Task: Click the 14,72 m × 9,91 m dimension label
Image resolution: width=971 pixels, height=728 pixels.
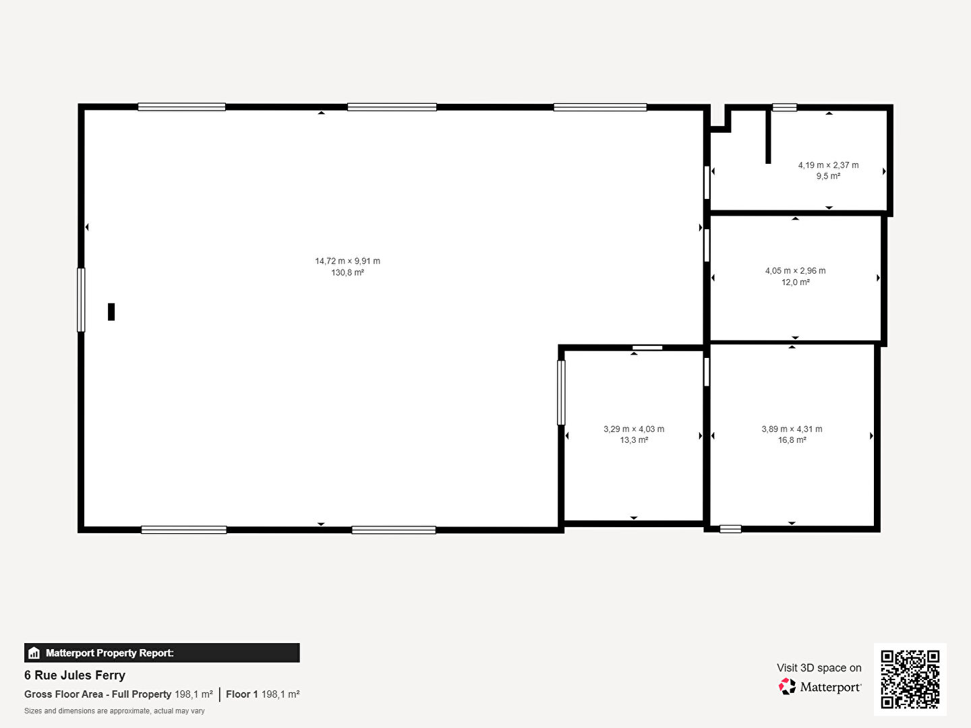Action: [347, 261]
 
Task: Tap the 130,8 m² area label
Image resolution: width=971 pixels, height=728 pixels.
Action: [347, 272]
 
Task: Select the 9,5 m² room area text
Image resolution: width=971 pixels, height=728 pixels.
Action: [828, 176]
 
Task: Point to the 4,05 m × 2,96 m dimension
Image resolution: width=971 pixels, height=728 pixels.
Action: [796, 270]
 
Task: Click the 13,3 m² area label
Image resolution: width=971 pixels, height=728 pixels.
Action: [634, 439]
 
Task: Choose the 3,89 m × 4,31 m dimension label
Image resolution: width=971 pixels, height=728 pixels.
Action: [792, 429]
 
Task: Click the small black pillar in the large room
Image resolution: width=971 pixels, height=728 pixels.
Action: [111, 311]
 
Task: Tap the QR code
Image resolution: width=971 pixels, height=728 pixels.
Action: [910, 679]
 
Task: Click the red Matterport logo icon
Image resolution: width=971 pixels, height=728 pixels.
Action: [787, 686]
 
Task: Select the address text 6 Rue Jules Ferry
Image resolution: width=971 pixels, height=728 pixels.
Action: [75, 675]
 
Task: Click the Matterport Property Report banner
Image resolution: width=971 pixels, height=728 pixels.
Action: [162, 653]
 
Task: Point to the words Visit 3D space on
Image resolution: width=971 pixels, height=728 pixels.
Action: [819, 667]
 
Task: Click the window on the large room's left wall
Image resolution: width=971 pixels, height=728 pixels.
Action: [81, 300]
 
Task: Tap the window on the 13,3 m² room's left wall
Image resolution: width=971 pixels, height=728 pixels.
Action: [561, 392]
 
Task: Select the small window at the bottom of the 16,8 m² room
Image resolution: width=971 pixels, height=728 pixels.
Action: [730, 528]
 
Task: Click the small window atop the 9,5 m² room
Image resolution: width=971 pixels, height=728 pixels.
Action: [785, 107]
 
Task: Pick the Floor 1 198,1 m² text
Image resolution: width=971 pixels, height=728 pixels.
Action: [263, 694]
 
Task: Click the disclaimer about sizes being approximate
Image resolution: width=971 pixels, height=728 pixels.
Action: [115, 710]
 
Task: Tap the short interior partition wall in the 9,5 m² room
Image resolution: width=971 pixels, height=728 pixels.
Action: [769, 137]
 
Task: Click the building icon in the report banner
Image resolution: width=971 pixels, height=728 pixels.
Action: [34, 653]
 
